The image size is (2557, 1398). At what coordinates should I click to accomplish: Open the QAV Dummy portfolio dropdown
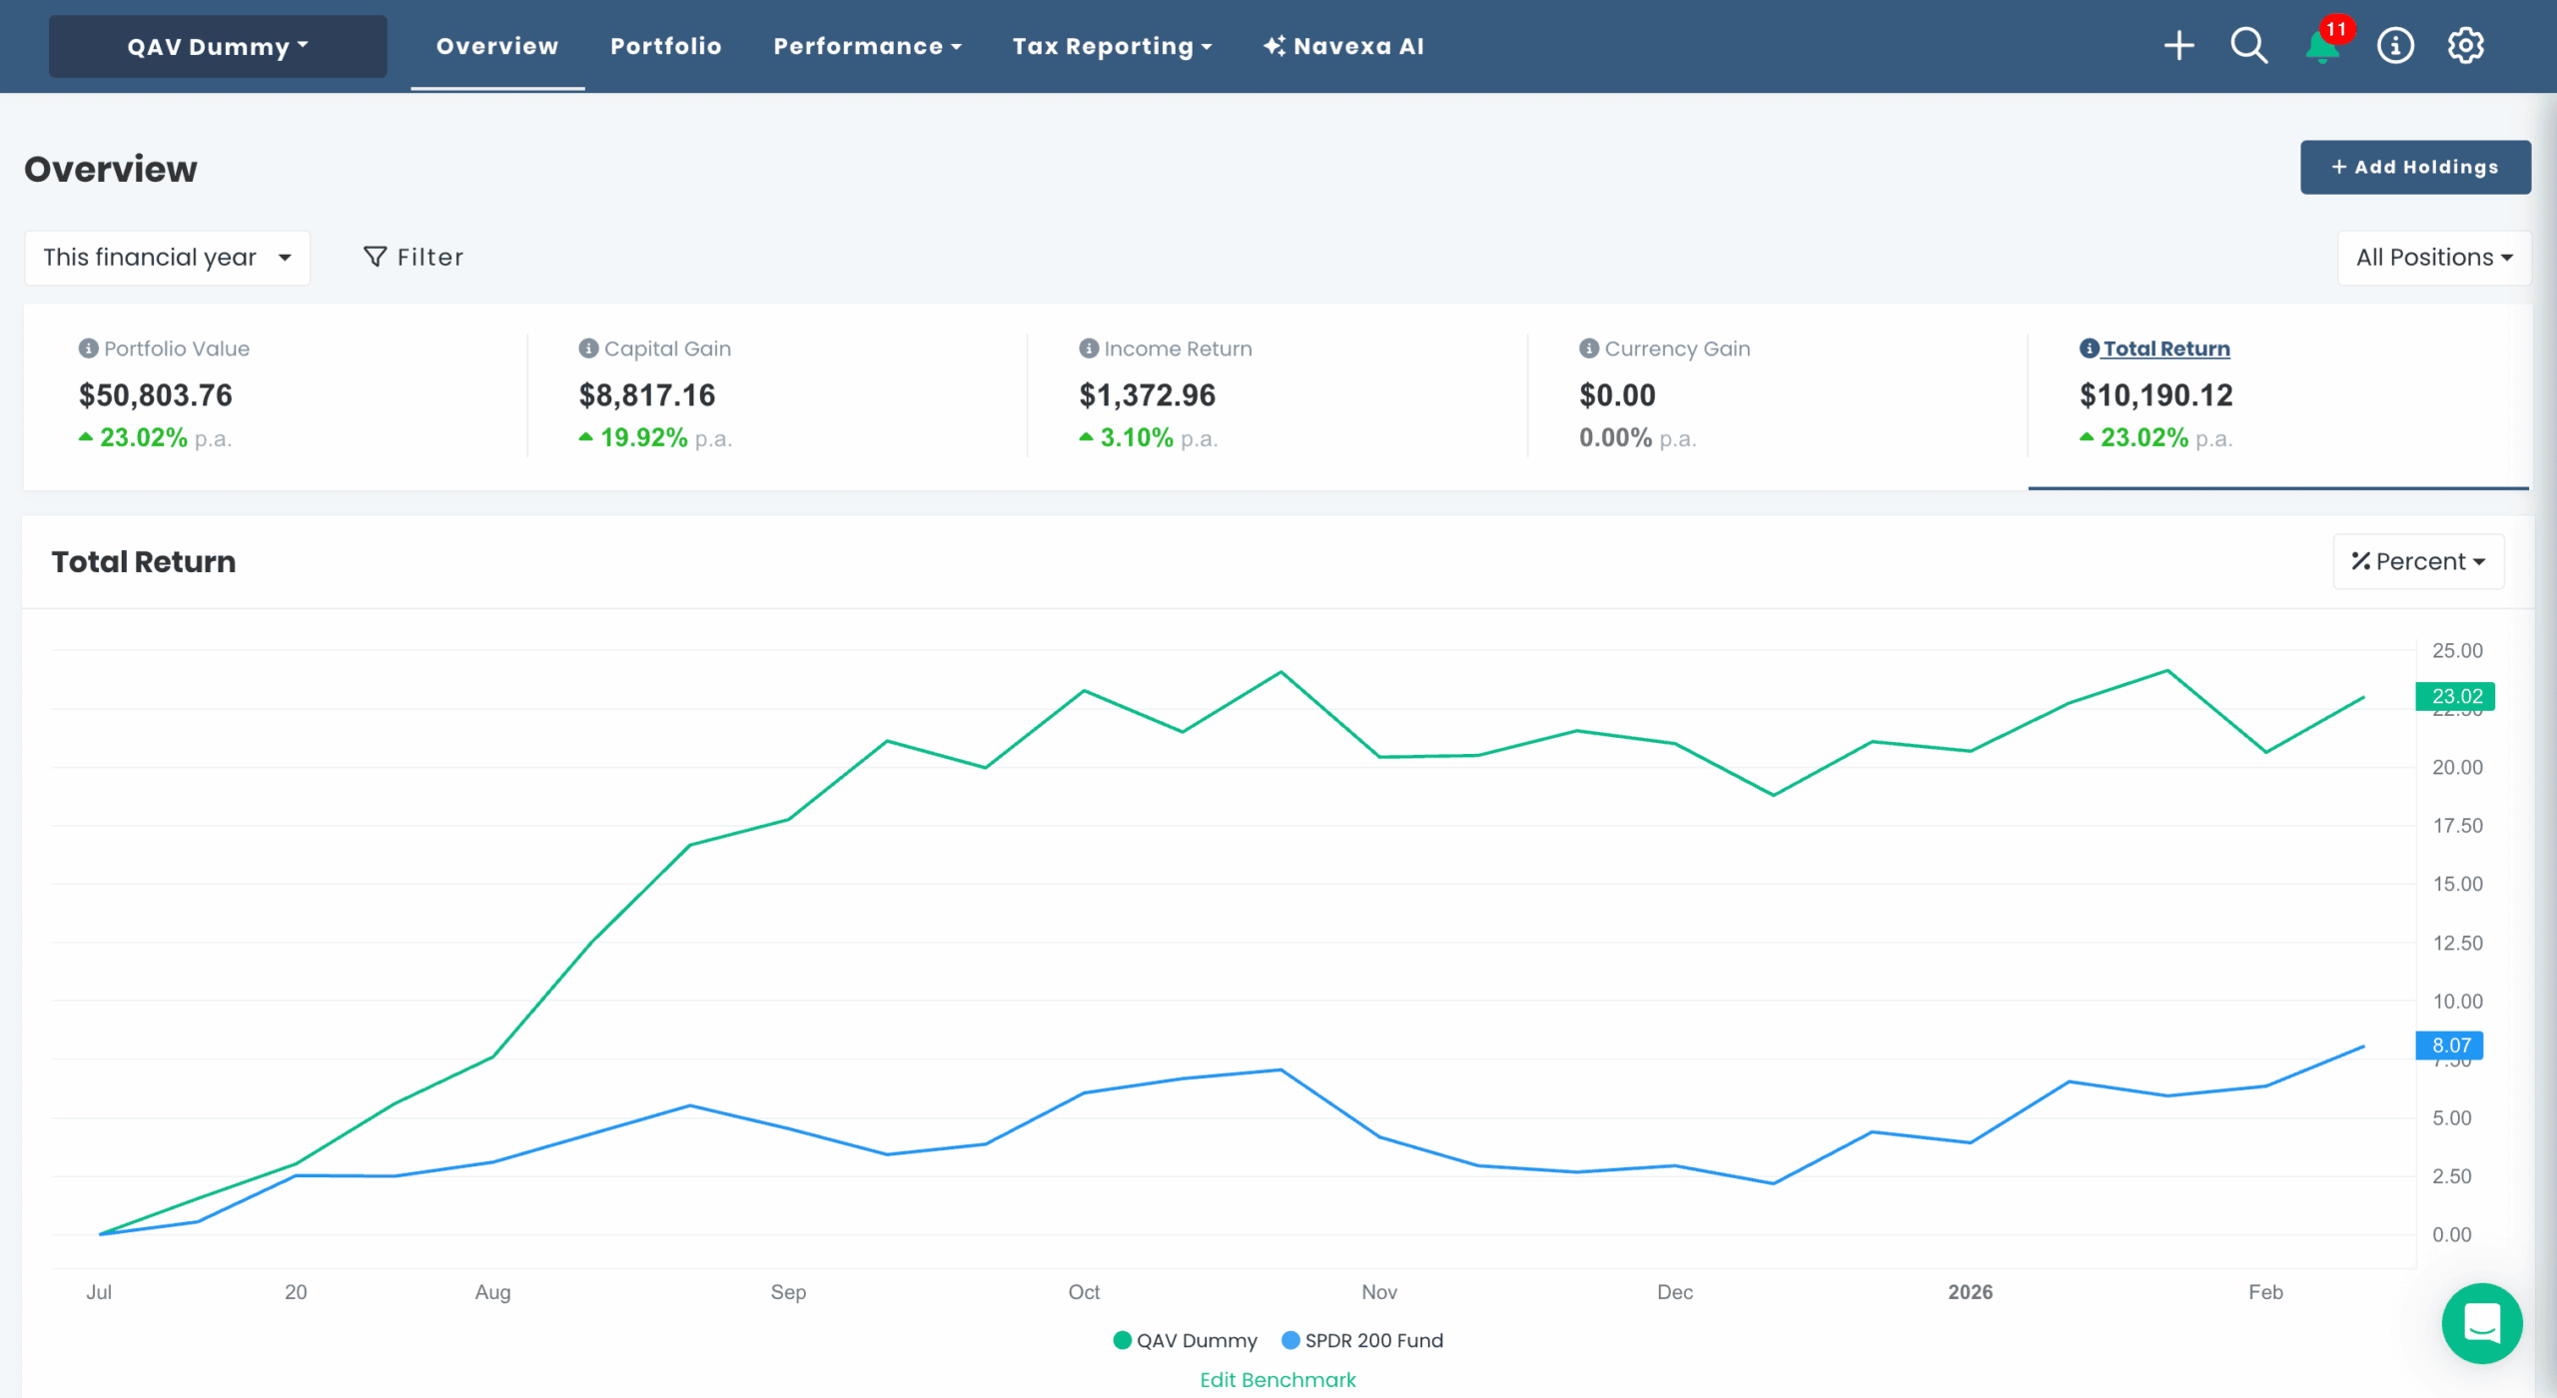point(218,47)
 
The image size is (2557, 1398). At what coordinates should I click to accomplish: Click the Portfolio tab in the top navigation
point(665,47)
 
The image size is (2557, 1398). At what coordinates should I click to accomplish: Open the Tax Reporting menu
point(1112,47)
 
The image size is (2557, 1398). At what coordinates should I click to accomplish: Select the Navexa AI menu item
point(1343,47)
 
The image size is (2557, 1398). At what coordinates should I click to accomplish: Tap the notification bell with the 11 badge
point(2323,47)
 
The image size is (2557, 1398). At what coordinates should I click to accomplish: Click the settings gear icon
point(2465,46)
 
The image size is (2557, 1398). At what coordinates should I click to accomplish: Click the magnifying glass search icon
point(2248,46)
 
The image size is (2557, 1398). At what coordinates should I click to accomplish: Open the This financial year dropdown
point(167,258)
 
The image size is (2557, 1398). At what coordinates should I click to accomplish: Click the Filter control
point(414,258)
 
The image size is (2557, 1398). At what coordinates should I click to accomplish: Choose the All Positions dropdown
point(2433,258)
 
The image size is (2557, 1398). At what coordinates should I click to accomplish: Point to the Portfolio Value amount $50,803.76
point(156,395)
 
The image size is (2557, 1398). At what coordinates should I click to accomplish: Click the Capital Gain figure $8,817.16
point(647,395)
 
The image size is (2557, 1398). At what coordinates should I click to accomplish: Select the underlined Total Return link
point(2165,349)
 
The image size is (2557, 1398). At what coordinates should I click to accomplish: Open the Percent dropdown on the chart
point(2418,561)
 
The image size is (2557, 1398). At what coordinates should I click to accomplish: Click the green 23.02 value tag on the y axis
point(2455,696)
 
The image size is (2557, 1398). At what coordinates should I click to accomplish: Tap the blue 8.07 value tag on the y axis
point(2449,1046)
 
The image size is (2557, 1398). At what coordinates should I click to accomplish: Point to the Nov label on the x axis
point(1378,1292)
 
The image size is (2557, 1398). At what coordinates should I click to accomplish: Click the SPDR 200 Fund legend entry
point(1362,1340)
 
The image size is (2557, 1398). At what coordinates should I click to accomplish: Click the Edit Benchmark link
point(1278,1380)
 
